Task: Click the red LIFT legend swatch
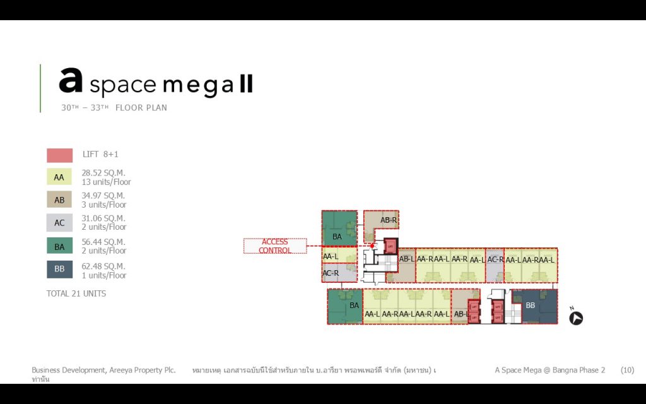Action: tap(59, 155)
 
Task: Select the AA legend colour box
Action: tap(59, 178)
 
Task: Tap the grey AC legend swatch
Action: tap(59, 223)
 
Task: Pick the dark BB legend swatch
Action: tap(59, 270)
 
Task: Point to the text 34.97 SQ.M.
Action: tap(103, 196)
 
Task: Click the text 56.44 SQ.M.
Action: tap(103, 242)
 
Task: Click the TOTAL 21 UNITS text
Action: tap(76, 294)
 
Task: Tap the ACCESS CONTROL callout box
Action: tap(275, 246)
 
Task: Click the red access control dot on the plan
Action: tap(372, 246)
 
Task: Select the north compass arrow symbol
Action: tap(575, 318)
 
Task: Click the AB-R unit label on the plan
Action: tap(388, 220)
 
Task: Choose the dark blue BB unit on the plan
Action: tap(534, 306)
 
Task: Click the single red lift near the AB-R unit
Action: tap(391, 246)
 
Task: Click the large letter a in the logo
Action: tap(71, 81)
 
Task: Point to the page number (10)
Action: tap(627, 370)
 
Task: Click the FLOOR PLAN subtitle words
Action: tap(141, 108)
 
